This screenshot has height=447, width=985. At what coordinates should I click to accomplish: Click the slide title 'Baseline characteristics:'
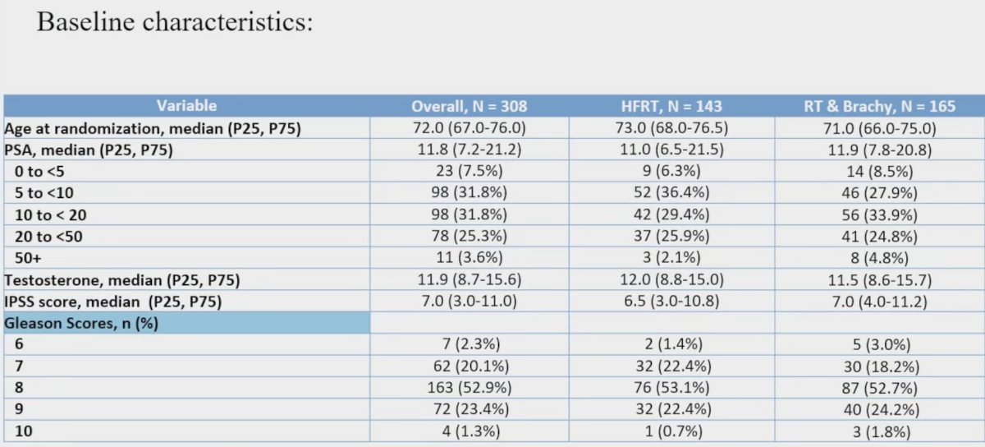tap(175, 22)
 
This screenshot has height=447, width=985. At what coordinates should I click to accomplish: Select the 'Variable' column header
tap(186, 106)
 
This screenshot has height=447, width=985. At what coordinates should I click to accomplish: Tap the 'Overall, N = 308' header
tap(470, 106)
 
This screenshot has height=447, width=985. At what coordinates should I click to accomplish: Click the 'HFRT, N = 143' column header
tap(671, 106)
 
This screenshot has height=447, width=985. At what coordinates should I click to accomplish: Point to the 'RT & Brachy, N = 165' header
tap(879, 106)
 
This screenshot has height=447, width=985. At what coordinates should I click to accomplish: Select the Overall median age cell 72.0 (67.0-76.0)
tap(470, 127)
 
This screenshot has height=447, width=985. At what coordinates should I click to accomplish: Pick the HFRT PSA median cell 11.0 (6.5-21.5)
tap(671, 150)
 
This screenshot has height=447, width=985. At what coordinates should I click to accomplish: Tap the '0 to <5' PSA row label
tap(39, 171)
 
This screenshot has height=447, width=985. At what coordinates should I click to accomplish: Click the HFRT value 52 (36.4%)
tap(671, 192)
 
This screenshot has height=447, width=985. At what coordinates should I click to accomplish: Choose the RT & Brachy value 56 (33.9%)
tap(879, 215)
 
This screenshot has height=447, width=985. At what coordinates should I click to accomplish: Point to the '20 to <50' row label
tap(48, 237)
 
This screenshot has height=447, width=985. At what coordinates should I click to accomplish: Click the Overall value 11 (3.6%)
tap(470, 257)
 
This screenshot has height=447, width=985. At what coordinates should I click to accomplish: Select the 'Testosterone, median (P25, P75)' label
tap(122, 280)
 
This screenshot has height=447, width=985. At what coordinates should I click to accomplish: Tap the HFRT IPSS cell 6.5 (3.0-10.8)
tap(671, 302)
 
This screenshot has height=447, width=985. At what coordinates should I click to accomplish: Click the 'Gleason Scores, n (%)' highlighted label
tap(81, 323)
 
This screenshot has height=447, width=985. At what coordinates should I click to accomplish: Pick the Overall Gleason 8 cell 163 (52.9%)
tap(470, 388)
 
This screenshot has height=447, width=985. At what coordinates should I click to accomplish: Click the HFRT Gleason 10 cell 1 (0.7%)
tap(673, 431)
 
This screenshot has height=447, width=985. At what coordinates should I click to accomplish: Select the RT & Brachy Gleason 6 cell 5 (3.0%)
tap(882, 344)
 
